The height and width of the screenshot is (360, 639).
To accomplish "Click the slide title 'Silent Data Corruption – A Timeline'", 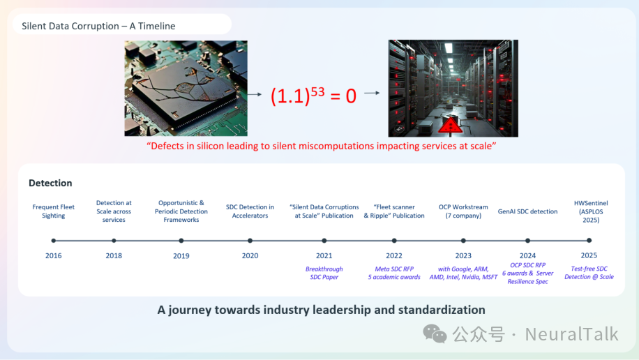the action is point(98,26).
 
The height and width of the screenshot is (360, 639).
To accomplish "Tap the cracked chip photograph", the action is point(186,88).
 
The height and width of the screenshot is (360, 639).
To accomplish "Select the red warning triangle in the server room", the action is point(450,126).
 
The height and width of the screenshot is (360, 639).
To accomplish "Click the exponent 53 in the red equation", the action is point(317,91).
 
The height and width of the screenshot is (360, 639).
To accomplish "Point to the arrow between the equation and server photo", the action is point(372,93).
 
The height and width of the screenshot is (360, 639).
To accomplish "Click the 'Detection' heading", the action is point(50,183).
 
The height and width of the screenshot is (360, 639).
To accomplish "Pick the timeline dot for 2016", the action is point(54,241).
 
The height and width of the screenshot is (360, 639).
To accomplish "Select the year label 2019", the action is point(181,255).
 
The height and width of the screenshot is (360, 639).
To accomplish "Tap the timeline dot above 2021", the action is point(324,241).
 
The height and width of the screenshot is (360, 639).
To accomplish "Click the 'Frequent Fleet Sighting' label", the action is point(54,211).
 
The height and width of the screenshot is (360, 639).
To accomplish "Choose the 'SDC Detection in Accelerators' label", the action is point(250,211).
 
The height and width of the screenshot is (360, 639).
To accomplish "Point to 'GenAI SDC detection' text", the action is point(527,211).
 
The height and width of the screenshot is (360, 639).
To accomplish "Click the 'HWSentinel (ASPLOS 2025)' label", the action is point(590,211).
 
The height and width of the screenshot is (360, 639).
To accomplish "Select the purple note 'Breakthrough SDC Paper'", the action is point(324,273).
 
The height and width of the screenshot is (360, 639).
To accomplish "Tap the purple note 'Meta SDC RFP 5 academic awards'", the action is point(394,273).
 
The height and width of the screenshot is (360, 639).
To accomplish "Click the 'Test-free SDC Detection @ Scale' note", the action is point(589,272).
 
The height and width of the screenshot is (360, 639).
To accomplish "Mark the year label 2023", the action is point(463,255).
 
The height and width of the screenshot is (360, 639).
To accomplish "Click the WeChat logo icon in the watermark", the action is point(435,333).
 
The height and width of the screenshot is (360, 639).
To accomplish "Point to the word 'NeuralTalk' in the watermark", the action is point(571,334).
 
